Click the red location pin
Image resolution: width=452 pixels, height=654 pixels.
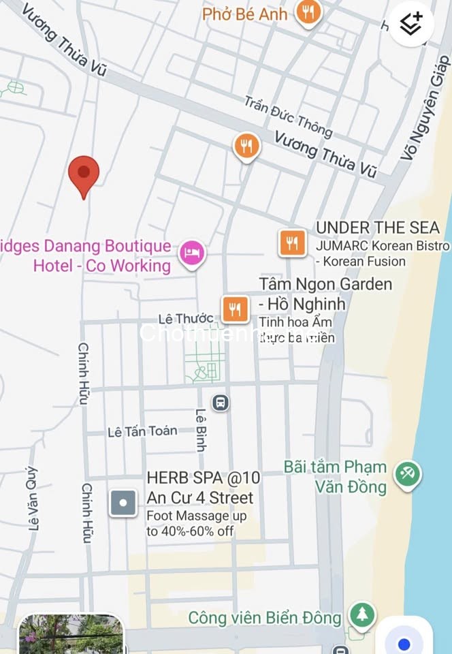[x=84, y=174]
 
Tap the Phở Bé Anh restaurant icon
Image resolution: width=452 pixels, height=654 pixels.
[x=308, y=12]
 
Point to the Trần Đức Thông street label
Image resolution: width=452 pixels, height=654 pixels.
[x=288, y=116]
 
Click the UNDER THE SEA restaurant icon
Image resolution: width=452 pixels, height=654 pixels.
[x=292, y=243]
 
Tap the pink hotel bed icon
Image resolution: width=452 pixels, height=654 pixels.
[x=192, y=253]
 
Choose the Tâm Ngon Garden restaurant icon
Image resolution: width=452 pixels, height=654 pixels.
[x=235, y=309]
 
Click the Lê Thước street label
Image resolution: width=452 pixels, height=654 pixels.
[x=185, y=319]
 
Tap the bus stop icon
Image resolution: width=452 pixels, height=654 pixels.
[x=221, y=403]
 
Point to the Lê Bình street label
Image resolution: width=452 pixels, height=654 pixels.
[x=201, y=430]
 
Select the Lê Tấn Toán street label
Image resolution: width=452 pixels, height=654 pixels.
[x=142, y=431]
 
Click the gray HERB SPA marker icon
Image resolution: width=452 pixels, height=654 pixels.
[x=123, y=503]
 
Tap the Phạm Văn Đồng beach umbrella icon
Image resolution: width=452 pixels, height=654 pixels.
[x=407, y=473]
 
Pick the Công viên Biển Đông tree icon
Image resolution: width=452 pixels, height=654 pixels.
[x=362, y=615]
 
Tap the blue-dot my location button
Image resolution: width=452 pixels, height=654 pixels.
[x=404, y=642]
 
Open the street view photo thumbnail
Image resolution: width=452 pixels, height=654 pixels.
[x=71, y=635]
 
